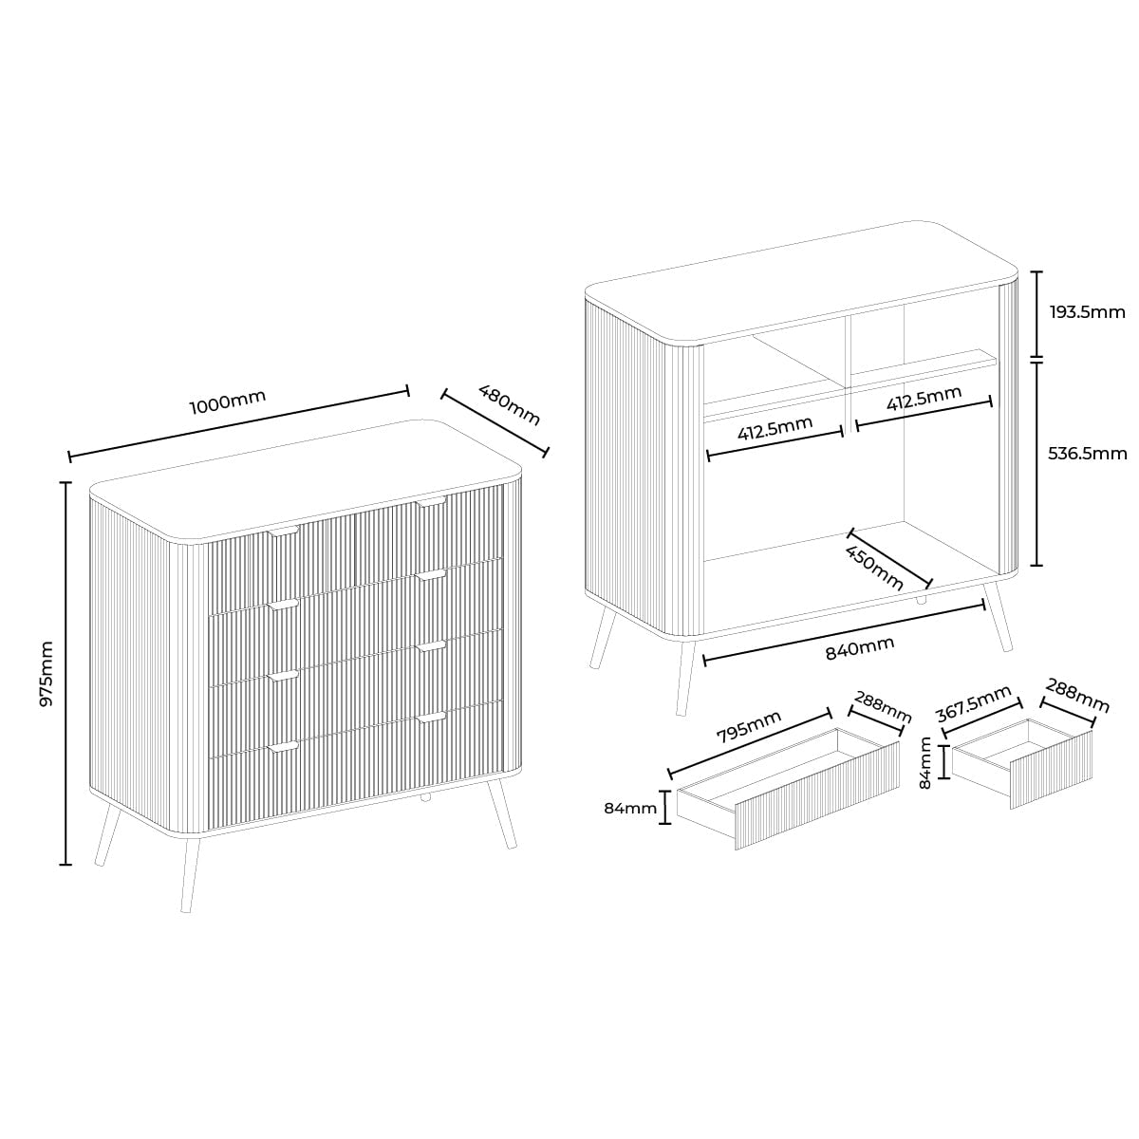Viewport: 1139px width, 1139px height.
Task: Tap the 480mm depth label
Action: point(509,405)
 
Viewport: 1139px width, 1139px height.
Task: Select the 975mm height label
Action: point(47,673)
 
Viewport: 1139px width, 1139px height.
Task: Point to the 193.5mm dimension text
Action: point(1087,312)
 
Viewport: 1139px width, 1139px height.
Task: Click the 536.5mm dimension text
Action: point(1087,454)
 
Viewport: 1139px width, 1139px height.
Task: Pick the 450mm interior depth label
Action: point(874,568)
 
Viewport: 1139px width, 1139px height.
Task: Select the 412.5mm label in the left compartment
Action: point(775,428)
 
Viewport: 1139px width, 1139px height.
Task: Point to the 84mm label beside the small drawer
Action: point(925,762)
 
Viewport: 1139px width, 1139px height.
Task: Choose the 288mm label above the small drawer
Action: point(1077,696)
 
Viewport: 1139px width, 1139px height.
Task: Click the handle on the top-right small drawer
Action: point(431,503)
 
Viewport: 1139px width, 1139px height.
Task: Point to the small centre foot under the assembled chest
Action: point(425,796)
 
